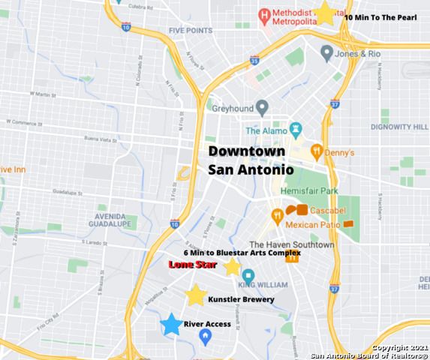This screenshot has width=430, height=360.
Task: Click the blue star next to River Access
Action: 171,324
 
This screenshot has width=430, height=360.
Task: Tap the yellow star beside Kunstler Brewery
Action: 196,295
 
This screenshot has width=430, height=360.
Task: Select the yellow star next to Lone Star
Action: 233,266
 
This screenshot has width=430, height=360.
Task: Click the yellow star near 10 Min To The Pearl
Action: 325,12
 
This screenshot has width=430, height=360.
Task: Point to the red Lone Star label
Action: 193,265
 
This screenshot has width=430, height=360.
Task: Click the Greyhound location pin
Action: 262,106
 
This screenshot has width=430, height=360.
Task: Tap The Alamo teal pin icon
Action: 296,130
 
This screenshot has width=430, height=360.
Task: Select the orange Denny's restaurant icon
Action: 317,150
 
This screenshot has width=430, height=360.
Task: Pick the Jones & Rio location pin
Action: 326,53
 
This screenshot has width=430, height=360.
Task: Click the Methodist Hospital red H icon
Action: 264,14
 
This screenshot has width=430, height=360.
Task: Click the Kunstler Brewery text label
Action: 240,299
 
